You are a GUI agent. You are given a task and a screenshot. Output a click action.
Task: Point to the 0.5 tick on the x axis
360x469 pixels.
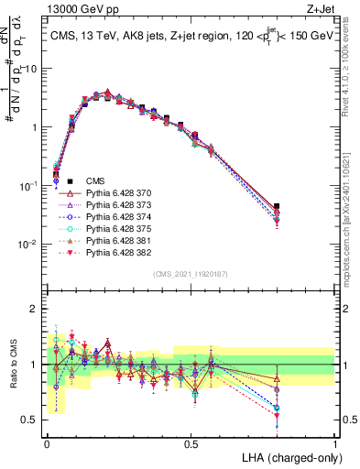pyautogui.click(x=191, y=443)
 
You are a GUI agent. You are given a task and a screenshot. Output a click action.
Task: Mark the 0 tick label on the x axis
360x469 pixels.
pyautogui.click(x=47, y=443)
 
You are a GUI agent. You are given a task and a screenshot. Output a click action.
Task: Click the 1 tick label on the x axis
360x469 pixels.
pyautogui.click(x=335, y=443)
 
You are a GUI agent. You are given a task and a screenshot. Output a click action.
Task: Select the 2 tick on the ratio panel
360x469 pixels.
pyautogui.click(x=37, y=309)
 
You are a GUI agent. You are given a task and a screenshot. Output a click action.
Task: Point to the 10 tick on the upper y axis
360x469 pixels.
pyautogui.click(x=34, y=69)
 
